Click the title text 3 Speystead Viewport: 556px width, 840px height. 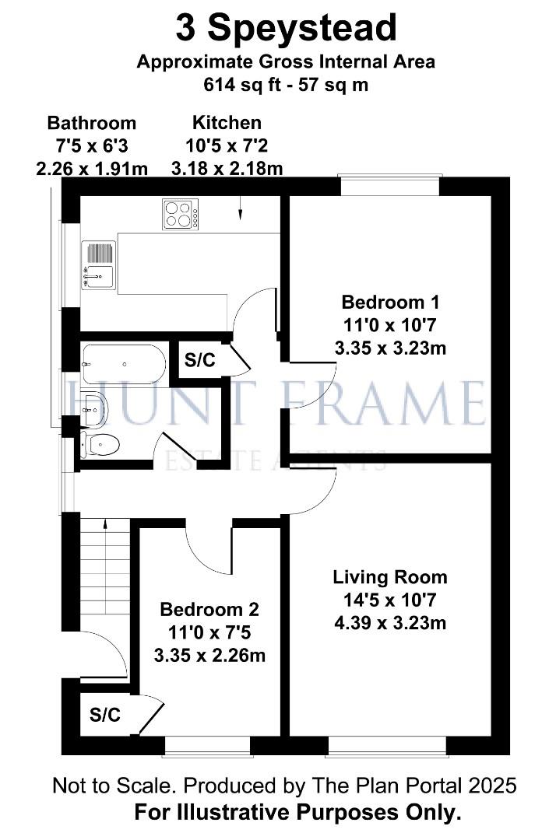(x=286, y=29)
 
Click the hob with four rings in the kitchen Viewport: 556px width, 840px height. (x=180, y=213)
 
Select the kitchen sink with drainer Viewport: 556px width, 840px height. (x=98, y=264)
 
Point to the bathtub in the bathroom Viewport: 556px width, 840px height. (x=123, y=364)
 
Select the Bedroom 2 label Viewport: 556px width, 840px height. (x=209, y=609)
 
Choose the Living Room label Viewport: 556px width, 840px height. (x=390, y=577)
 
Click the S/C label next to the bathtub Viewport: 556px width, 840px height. (x=199, y=359)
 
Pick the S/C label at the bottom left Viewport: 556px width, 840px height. (x=105, y=715)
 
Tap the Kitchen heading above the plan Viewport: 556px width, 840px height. (x=227, y=122)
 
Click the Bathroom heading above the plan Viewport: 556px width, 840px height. (x=92, y=122)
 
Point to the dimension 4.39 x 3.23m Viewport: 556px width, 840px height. (x=390, y=622)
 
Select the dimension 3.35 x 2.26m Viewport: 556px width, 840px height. (x=209, y=655)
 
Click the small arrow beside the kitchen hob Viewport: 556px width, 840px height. (x=240, y=209)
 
